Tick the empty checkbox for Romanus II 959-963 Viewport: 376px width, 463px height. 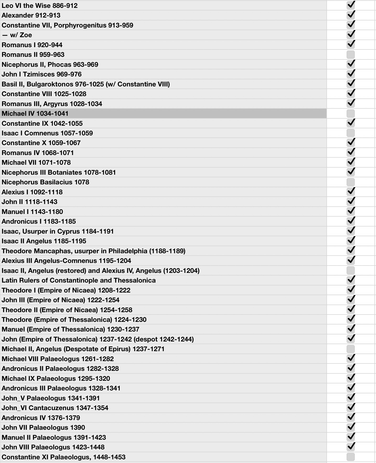click(x=351, y=54)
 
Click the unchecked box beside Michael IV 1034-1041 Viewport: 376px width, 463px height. click(x=351, y=113)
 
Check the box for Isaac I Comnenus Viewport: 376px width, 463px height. click(x=351, y=133)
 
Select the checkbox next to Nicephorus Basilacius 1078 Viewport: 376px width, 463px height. click(x=351, y=182)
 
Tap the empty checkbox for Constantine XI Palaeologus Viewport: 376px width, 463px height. click(x=351, y=457)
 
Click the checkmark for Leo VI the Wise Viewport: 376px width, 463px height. click(x=351, y=5)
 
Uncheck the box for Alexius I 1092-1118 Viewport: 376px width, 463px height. click(x=351, y=192)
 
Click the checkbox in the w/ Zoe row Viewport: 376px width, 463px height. click(x=351, y=35)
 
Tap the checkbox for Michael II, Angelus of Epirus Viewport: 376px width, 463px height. click(x=351, y=349)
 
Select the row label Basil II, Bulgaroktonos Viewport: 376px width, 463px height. click(x=85, y=84)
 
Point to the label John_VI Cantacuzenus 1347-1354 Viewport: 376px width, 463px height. click(x=55, y=408)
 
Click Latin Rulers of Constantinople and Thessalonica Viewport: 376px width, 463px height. click(x=78, y=280)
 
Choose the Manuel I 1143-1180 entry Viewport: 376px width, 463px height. click(x=32, y=212)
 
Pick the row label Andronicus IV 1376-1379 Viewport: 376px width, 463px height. click(x=41, y=418)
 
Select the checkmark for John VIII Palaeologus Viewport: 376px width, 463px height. click(x=351, y=447)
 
